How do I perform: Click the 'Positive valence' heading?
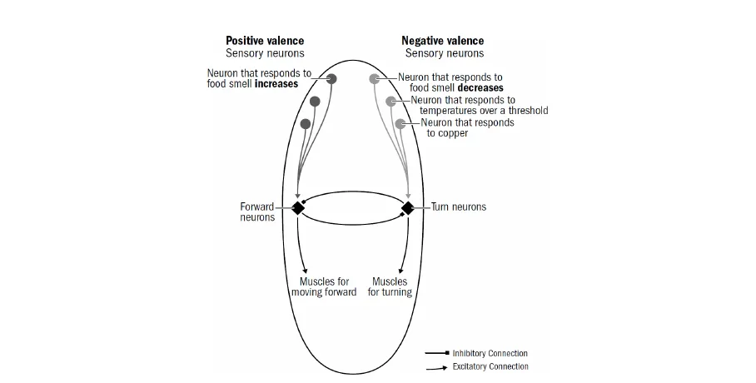265,41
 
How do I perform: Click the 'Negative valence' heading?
442,41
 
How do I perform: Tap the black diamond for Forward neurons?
297,208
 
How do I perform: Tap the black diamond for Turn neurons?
408,208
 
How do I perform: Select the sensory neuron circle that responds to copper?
400,124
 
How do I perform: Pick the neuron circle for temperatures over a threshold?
391,102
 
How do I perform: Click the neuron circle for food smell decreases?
375,79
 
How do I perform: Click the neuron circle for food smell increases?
331,79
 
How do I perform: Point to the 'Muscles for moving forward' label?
324,287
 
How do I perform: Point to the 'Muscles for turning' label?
390,287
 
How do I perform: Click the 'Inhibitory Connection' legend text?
490,353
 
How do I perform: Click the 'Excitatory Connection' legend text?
490,366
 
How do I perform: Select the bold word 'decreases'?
480,88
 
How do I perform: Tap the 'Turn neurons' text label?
458,206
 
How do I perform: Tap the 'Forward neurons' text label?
257,212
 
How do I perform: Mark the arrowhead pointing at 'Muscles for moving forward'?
306,271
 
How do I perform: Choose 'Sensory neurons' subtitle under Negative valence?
444,53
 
